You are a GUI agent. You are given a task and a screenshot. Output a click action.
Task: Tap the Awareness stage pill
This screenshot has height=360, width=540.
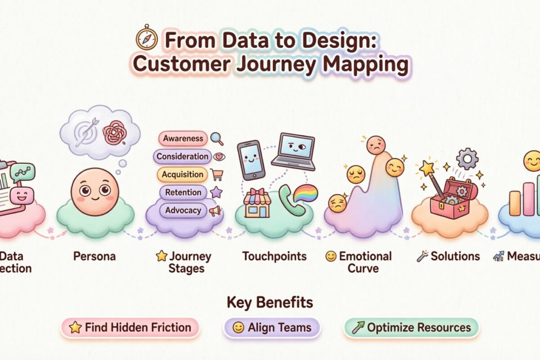coord(183,139)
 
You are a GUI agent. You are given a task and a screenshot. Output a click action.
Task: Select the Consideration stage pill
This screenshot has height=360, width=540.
coord(182,157)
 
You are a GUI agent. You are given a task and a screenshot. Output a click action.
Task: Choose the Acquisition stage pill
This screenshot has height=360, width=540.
coord(182,175)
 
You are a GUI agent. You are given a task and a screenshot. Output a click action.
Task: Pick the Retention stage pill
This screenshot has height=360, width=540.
coord(183,193)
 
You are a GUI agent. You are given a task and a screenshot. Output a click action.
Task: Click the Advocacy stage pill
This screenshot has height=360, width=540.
coord(183,210)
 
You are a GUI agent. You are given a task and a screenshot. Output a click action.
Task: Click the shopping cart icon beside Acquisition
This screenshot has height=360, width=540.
coord(217,175)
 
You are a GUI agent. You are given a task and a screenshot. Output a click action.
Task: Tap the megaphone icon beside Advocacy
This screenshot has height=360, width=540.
coord(216,211)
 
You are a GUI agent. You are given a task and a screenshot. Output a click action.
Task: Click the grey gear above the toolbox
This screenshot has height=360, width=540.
coord(467,158)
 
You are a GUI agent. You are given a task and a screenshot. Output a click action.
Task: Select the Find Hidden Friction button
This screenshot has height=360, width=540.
coord(130,328)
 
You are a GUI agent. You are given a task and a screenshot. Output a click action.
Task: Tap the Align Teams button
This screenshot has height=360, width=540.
coord(272,328)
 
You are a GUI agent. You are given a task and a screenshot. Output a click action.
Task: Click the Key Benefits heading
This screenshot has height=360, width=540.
coord(270,302)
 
